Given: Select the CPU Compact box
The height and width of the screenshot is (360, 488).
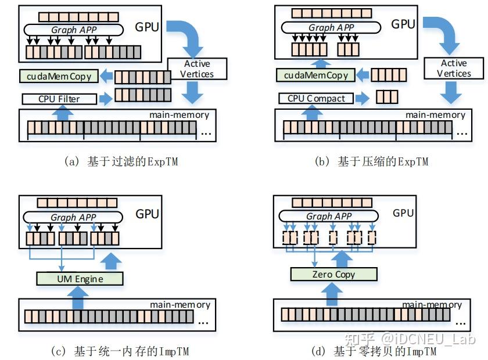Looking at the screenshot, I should (x=316, y=98).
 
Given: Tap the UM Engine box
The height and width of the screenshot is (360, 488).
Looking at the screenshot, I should (x=80, y=279).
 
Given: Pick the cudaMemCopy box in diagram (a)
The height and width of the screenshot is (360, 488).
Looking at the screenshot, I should (x=58, y=75).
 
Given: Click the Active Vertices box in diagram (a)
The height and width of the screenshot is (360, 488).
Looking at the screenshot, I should (x=197, y=69).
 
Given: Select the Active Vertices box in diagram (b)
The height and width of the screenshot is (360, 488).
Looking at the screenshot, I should (x=453, y=69).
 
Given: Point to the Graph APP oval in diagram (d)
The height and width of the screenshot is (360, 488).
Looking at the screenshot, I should (x=329, y=216).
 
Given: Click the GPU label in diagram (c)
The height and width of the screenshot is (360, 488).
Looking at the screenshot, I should (x=147, y=214).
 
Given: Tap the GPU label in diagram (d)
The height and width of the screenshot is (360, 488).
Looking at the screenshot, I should (x=403, y=213).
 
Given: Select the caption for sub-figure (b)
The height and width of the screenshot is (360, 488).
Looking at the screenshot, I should (x=371, y=161).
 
